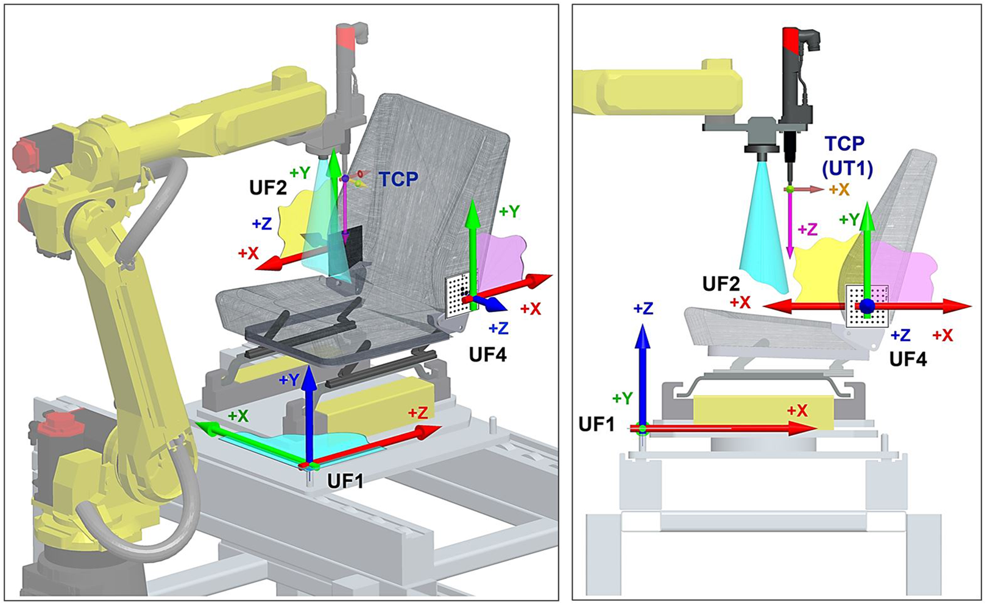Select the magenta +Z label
(x=808, y=229)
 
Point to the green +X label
(x=238, y=416)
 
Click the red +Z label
(x=418, y=413)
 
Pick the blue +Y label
(x=289, y=380)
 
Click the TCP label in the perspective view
(x=398, y=179)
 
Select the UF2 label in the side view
(x=721, y=284)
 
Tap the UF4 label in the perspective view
(x=488, y=355)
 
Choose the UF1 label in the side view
(x=596, y=424)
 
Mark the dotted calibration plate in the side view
(x=867, y=306)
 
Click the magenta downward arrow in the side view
(x=789, y=225)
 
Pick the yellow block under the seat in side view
(x=763, y=412)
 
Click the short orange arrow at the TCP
(x=806, y=189)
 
